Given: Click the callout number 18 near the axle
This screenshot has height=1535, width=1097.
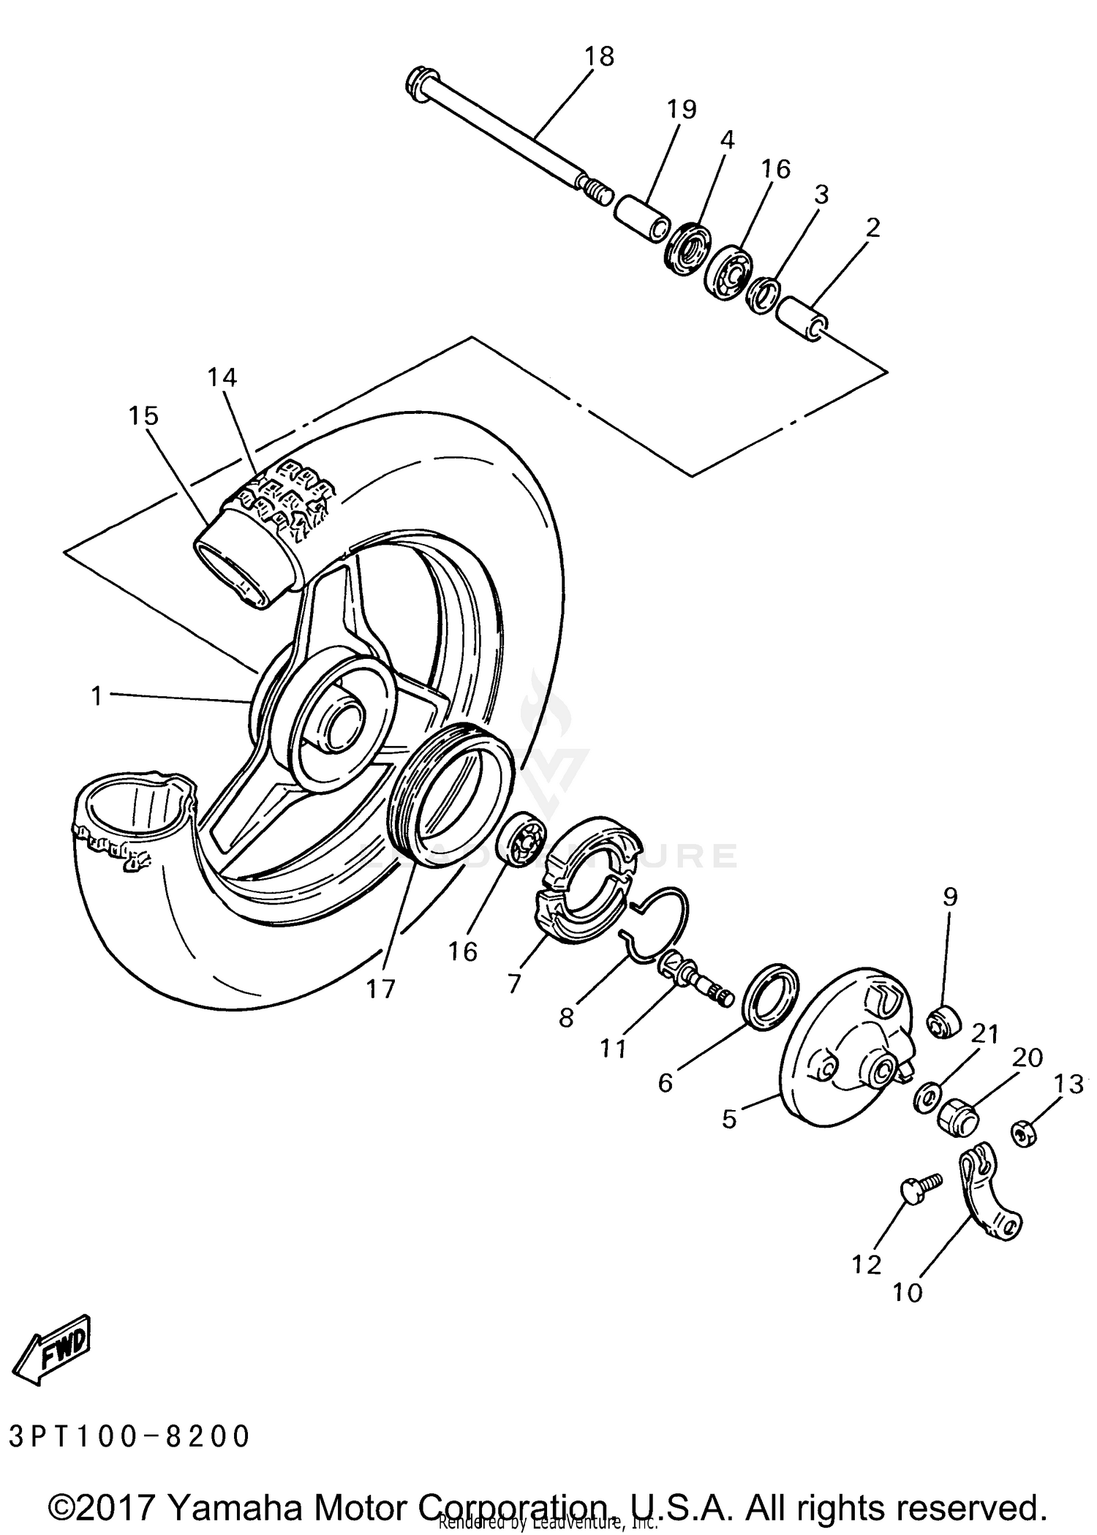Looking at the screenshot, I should pyautogui.click(x=599, y=56).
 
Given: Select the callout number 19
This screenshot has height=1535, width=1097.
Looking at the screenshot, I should pyautogui.click(x=681, y=109).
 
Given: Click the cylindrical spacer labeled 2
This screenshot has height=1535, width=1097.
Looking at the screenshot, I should pyautogui.click(x=802, y=319).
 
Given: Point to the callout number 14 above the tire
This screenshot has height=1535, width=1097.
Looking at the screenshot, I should pyautogui.click(x=222, y=378).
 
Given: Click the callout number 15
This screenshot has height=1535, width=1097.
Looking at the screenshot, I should pyautogui.click(x=143, y=416).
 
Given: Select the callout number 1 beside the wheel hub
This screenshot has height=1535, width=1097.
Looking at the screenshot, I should pyautogui.click(x=96, y=696).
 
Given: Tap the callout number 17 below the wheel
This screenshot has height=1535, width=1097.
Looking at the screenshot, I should pyautogui.click(x=380, y=989).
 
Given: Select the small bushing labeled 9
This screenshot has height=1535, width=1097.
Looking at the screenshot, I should pyautogui.click(x=944, y=1021).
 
